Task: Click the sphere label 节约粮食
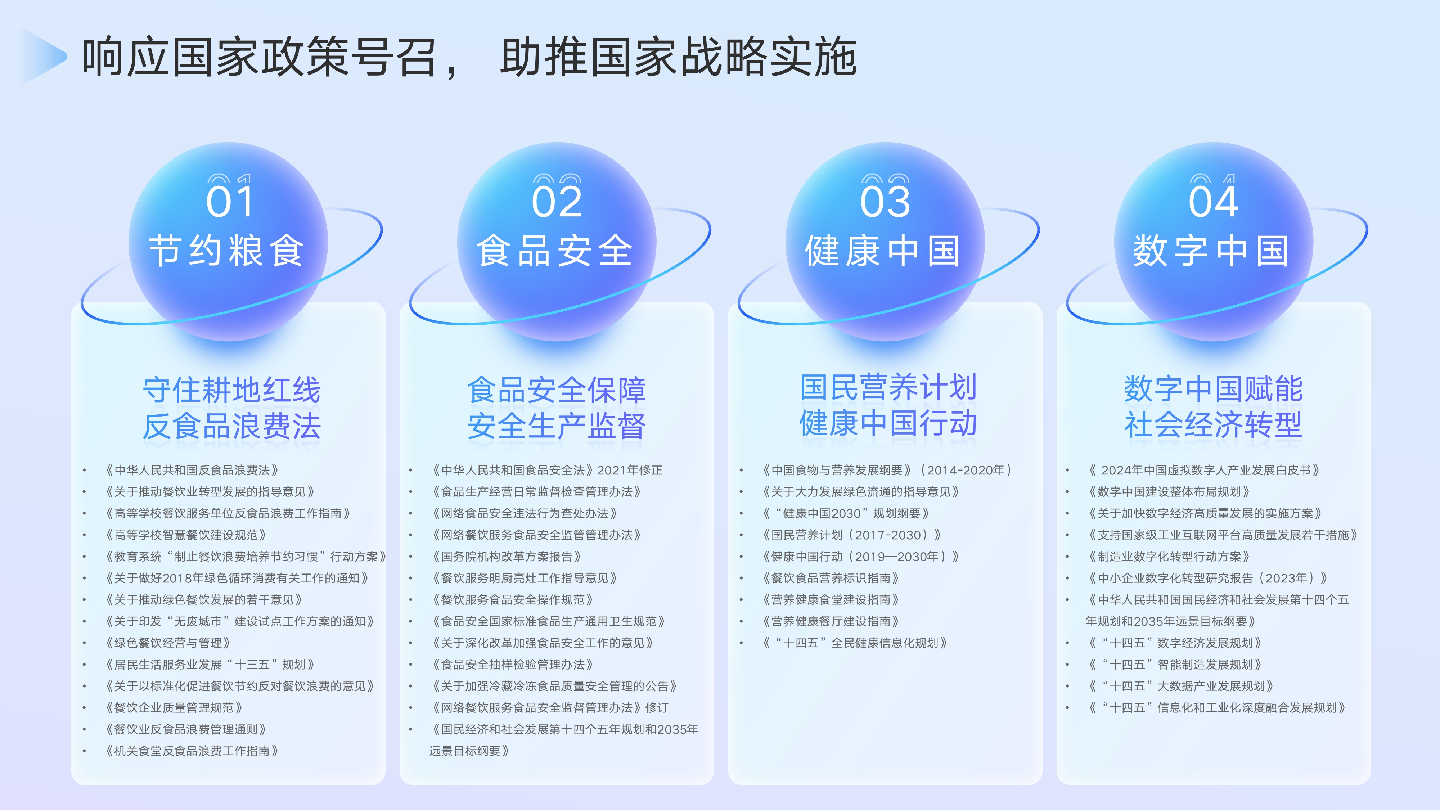pos(227,251)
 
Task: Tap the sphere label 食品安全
pos(554,251)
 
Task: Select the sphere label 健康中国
pos(883,251)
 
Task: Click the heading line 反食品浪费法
pos(231,427)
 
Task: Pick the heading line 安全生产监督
pos(557,427)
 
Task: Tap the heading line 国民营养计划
pos(888,387)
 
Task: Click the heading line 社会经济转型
pos(1214,425)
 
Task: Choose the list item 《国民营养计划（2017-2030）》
pos(852,535)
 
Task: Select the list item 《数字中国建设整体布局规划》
pos(1168,492)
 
